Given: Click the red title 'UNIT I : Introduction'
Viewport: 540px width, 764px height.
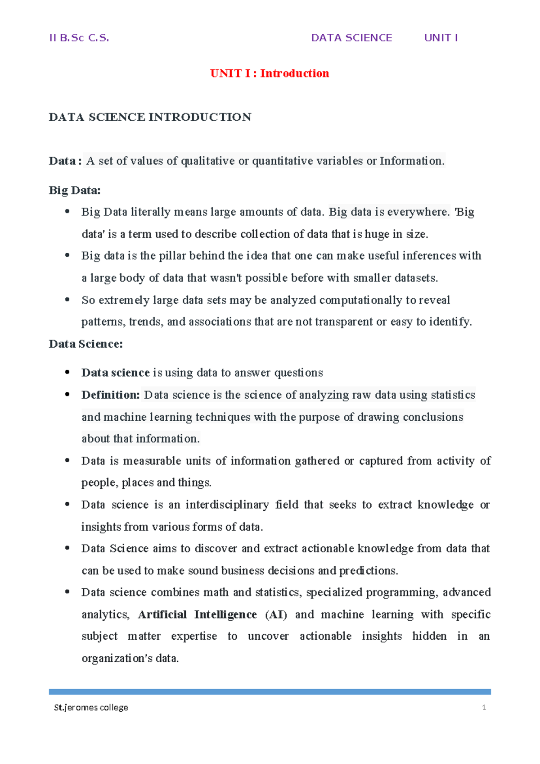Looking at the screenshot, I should (270, 73).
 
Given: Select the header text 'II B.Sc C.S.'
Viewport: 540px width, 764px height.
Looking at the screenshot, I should (79, 38).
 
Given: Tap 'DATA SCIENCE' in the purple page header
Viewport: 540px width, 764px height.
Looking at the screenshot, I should (351, 38).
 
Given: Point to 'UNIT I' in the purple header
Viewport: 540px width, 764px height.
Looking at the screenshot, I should (441, 38).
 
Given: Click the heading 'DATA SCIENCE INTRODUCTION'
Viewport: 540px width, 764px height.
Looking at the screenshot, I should (150, 117).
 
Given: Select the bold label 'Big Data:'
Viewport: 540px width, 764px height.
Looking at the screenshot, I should (75, 190).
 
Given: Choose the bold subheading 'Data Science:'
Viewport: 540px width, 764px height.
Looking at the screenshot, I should (86, 344).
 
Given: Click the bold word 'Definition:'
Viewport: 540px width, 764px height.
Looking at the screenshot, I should (111, 395).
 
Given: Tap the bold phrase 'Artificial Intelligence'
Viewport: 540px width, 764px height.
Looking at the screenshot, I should (197, 614).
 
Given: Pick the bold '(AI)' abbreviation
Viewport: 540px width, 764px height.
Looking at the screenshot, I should (276, 614).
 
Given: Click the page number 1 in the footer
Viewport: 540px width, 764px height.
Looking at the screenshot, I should (484, 708).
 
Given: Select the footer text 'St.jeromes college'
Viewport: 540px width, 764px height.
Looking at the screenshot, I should (91, 708).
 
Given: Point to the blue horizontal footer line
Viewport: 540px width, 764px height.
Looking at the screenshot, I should (270, 691).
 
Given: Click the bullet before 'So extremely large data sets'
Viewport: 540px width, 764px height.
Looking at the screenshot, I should (67, 299).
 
